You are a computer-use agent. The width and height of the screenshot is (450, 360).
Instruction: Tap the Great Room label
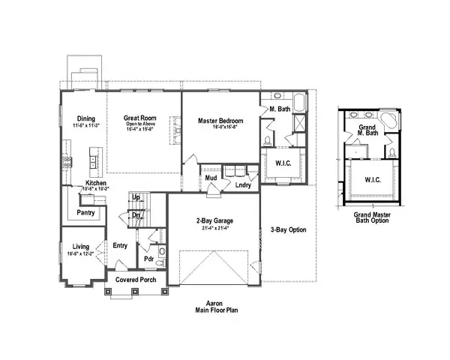tap(138, 118)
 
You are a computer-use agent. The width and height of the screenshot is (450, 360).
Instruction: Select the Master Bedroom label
tap(219, 120)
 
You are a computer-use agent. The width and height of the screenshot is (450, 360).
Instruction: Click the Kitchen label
tap(96, 184)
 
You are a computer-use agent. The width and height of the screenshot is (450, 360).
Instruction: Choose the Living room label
tap(81, 246)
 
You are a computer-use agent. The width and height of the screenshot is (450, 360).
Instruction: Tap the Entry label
tap(121, 245)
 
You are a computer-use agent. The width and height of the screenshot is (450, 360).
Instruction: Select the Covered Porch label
tap(135, 280)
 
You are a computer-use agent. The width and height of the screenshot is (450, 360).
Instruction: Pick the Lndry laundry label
tap(243, 184)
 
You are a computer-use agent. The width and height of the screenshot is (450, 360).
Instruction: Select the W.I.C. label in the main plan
tap(283, 163)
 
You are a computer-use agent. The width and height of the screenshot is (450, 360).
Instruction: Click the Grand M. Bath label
tap(367, 130)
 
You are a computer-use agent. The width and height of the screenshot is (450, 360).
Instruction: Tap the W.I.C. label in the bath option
tap(373, 179)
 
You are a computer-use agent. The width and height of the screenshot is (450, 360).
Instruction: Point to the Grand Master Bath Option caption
tap(372, 217)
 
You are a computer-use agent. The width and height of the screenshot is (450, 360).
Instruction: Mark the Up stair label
tap(136, 197)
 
